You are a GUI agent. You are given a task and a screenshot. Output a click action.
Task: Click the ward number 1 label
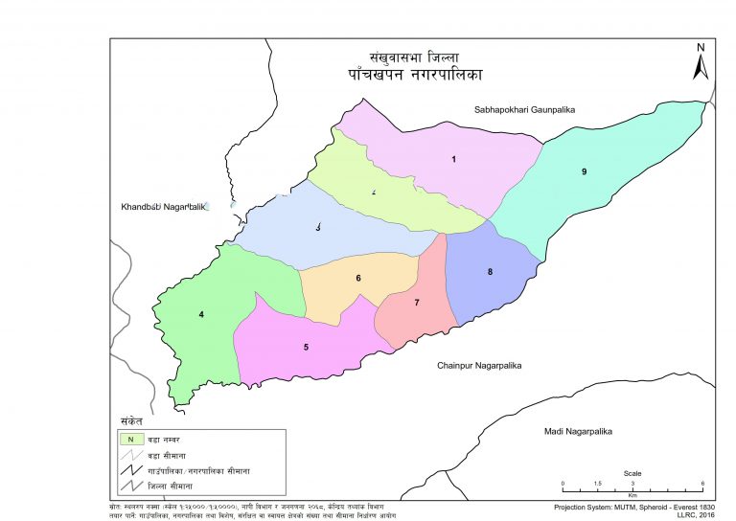[453, 159]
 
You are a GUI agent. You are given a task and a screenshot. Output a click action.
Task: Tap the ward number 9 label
[584, 171]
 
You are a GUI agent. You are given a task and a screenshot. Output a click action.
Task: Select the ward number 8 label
[490, 272]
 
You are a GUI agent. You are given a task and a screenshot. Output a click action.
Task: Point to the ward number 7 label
[417, 303]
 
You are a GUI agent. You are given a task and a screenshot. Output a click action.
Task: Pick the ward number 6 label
[358, 279]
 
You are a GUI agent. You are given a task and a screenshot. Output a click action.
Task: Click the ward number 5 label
[306, 346]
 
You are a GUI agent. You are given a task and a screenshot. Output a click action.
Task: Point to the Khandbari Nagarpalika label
[158, 207]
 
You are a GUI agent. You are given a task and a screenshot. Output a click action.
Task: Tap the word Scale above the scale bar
[632, 473]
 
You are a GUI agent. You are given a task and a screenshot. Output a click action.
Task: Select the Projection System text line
[634, 506]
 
